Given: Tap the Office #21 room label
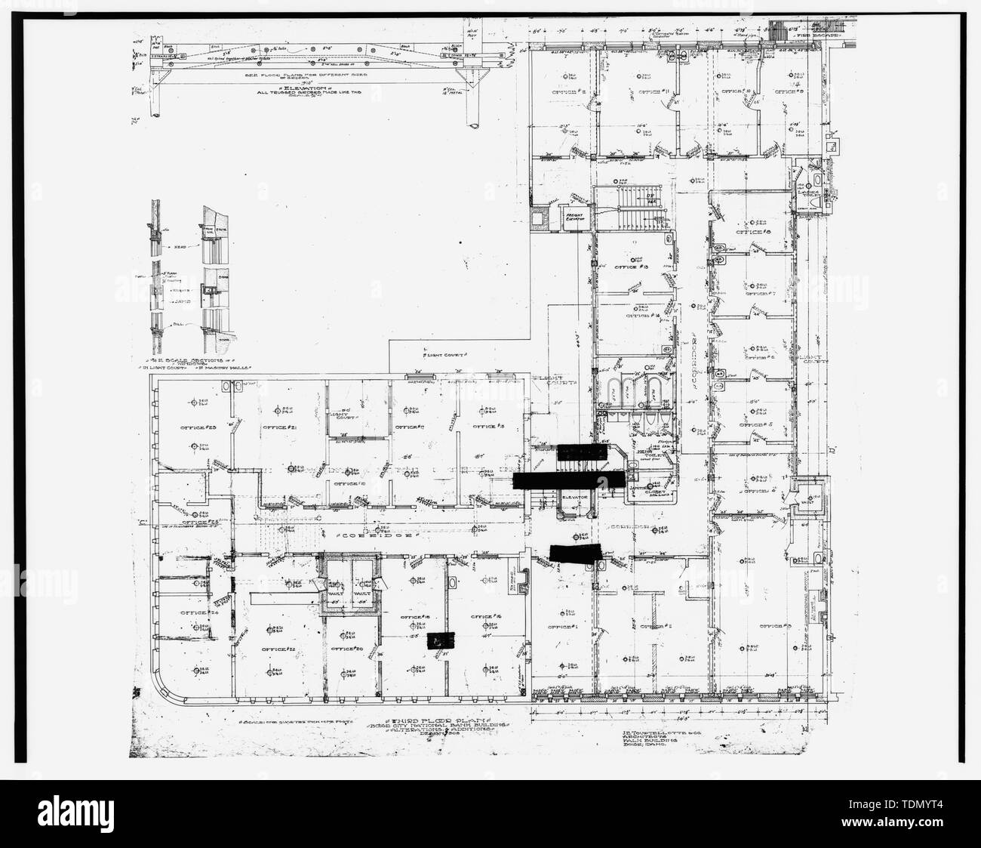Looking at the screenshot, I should (277, 428).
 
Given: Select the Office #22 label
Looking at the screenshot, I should (276, 649).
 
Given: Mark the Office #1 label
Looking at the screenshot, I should (562, 626).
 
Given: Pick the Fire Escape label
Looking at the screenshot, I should (807, 35).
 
